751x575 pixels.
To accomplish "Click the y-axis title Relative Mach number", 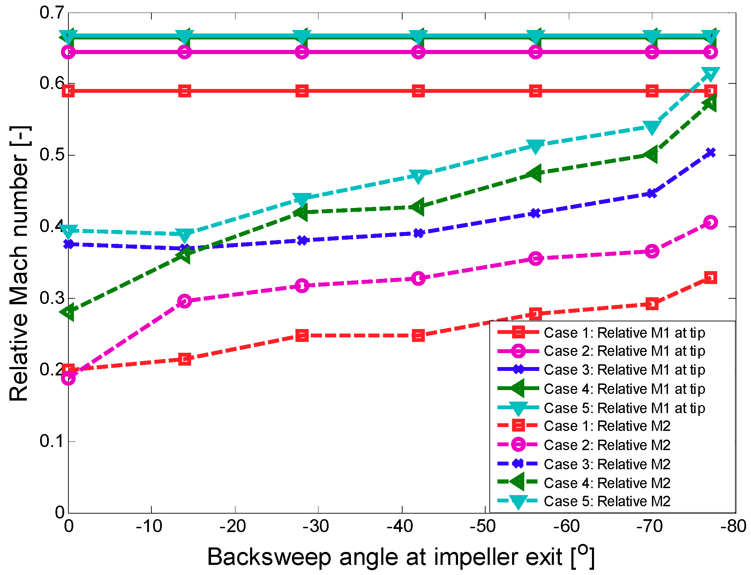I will click(19, 263).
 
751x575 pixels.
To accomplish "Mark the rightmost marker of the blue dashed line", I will click(711, 153).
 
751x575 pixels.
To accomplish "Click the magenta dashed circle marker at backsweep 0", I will click(68, 378).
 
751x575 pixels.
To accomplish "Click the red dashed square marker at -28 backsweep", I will click(302, 336).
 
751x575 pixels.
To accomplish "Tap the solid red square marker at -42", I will click(418, 91).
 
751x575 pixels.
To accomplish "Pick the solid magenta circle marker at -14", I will click(185, 52).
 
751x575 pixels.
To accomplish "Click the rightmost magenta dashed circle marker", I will click(711, 222).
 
